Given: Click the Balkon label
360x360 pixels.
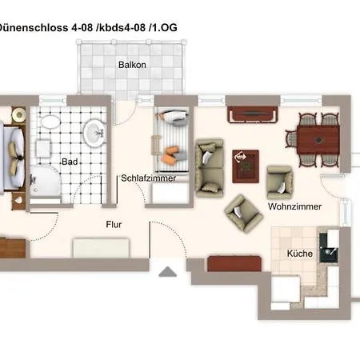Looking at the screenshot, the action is [x=132, y=65].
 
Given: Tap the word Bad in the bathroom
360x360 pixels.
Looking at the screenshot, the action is [x=70, y=162].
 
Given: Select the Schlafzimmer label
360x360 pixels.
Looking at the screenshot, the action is [x=148, y=178].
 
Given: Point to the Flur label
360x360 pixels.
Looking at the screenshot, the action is [x=114, y=225].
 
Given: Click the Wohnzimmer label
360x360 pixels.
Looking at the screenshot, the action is [x=294, y=206].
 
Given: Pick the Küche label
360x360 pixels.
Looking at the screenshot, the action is [x=300, y=254].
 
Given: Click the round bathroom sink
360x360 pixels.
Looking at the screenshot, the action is [x=94, y=133].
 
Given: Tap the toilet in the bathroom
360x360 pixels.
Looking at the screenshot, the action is [x=50, y=122].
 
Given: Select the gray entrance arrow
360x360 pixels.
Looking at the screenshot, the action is [x=167, y=272].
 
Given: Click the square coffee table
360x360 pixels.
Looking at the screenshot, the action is [x=246, y=166].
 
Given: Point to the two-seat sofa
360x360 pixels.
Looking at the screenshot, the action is [x=210, y=168].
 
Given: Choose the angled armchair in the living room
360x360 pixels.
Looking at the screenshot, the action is [x=243, y=214].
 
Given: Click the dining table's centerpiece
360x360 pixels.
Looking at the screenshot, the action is [x=318, y=140].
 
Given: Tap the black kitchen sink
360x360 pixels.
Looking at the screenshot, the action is [x=329, y=248].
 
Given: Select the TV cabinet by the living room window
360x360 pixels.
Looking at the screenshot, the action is [x=253, y=114].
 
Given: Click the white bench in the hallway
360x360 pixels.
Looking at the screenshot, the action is [x=101, y=248].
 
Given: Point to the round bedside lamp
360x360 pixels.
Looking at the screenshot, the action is [x=19, y=114].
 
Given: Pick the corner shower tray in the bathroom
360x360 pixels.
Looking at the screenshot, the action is [x=45, y=182].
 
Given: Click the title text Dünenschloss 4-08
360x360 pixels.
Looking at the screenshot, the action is [x=46, y=27].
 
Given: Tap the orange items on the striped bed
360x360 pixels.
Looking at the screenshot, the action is [x=170, y=154].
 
